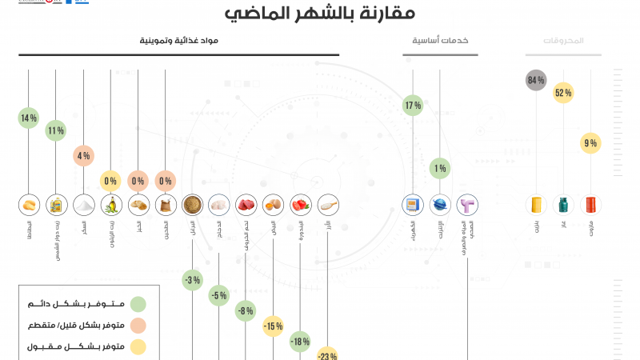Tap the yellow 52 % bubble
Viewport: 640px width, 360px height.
(563, 93)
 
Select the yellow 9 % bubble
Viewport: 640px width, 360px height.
(590, 144)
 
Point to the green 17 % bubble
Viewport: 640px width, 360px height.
(413, 105)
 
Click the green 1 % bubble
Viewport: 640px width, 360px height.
(439, 168)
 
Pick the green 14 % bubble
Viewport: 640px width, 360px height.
(29, 118)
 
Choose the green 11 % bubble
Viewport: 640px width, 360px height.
(55, 130)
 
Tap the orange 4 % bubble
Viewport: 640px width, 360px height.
(83, 156)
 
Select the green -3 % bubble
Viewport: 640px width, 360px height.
(192, 280)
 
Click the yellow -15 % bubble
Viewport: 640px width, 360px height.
(274, 326)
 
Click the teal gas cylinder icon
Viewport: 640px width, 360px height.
(563, 205)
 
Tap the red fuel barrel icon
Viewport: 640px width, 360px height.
(590, 205)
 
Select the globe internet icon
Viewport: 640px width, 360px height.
(440, 205)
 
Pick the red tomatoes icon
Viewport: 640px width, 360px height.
(301, 205)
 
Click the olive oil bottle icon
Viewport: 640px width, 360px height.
(110, 205)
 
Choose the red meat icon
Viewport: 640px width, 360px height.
(246, 205)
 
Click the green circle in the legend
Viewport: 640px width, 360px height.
(138, 304)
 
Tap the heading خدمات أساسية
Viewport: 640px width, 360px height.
(440, 40)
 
